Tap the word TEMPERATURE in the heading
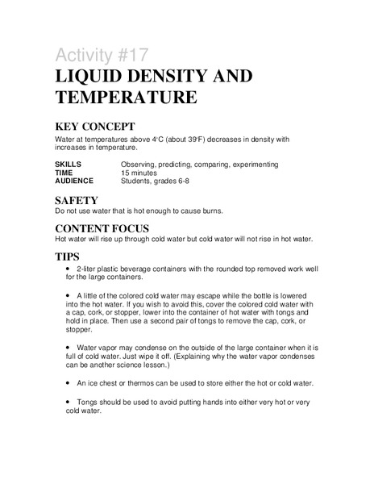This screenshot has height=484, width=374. coord(126,98)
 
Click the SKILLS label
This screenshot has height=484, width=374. coord(69,165)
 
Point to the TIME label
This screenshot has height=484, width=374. coord(64,173)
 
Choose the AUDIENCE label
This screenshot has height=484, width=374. coord(74,181)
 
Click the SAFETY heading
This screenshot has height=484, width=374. coord(77,199)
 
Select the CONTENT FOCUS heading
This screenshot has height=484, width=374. coord(112,228)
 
